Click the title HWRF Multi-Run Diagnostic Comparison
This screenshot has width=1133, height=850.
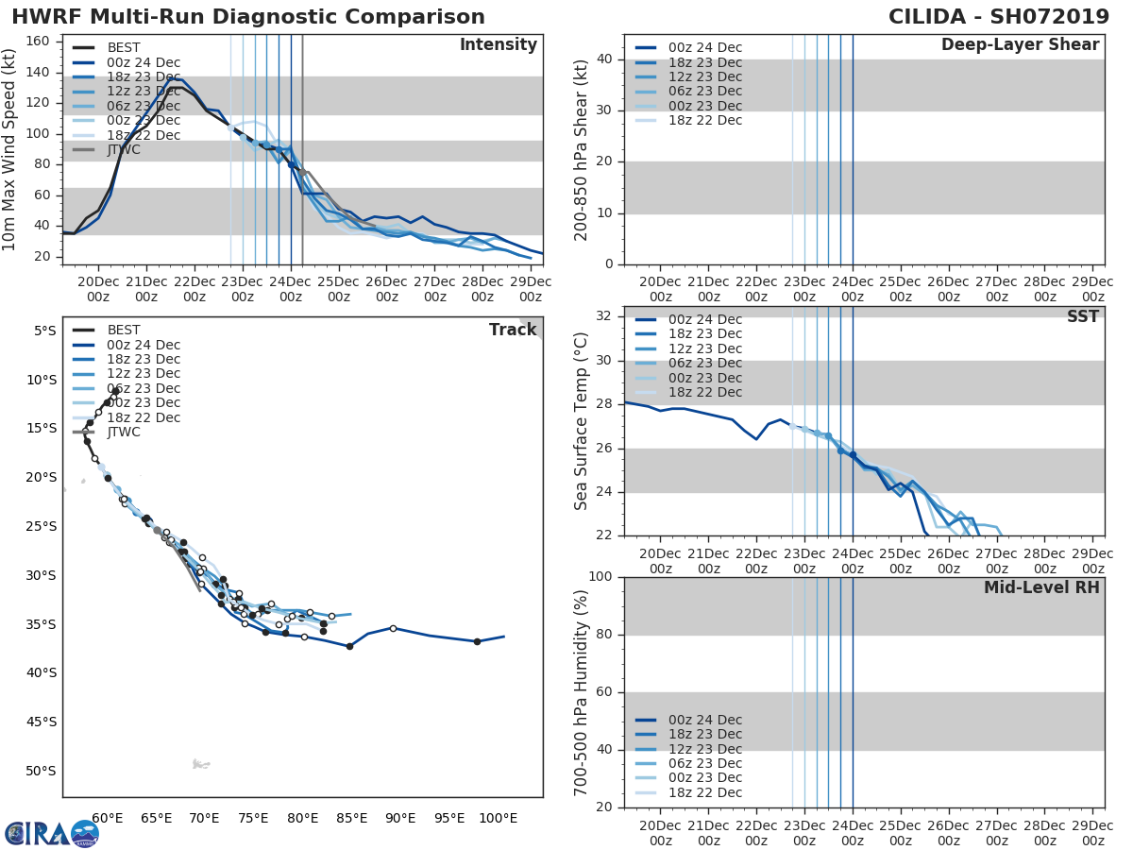point(248,17)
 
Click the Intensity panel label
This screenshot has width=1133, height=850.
point(498,45)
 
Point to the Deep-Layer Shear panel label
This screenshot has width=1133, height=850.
point(1020,45)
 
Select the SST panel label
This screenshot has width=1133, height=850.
point(1083,317)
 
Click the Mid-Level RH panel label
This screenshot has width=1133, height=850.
point(1041,588)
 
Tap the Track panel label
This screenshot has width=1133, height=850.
point(513,330)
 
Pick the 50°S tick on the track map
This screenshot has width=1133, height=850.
point(40,771)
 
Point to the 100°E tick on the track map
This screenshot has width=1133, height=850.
point(498,817)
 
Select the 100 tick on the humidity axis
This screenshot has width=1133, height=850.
point(600,576)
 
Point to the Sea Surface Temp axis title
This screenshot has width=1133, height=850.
point(582,421)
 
